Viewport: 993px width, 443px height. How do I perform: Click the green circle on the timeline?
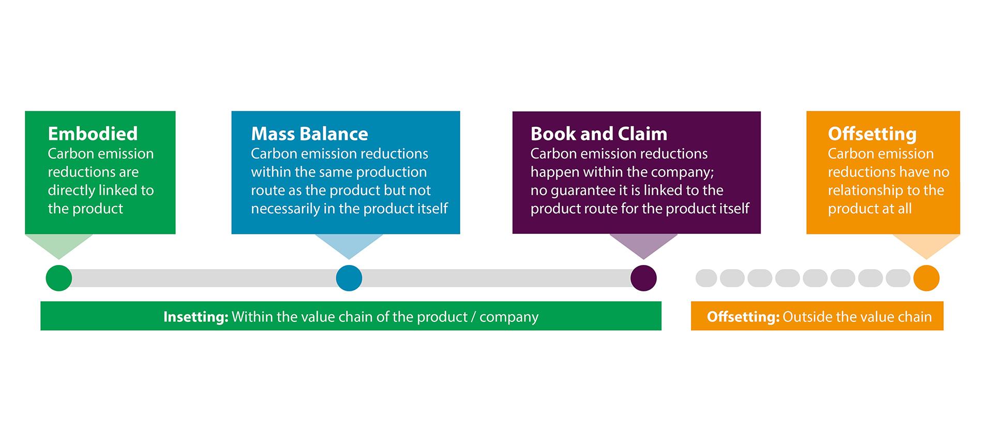tap(59, 278)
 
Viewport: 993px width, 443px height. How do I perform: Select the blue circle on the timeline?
tap(349, 278)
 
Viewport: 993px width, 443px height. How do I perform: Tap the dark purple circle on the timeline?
tap(643, 278)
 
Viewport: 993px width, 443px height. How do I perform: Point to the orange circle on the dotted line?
tap(926, 278)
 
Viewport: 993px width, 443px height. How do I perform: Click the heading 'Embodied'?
tap(93, 134)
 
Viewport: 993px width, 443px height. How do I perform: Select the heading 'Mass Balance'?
tap(309, 134)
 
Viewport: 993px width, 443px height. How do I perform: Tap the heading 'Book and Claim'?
tap(599, 134)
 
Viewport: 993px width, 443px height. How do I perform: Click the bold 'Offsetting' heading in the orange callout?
tap(872, 134)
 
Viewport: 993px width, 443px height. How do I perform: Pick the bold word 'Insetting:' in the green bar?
tap(196, 317)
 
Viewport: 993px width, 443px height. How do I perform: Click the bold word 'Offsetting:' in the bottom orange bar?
tap(743, 317)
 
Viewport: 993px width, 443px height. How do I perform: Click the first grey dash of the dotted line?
tap(706, 278)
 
